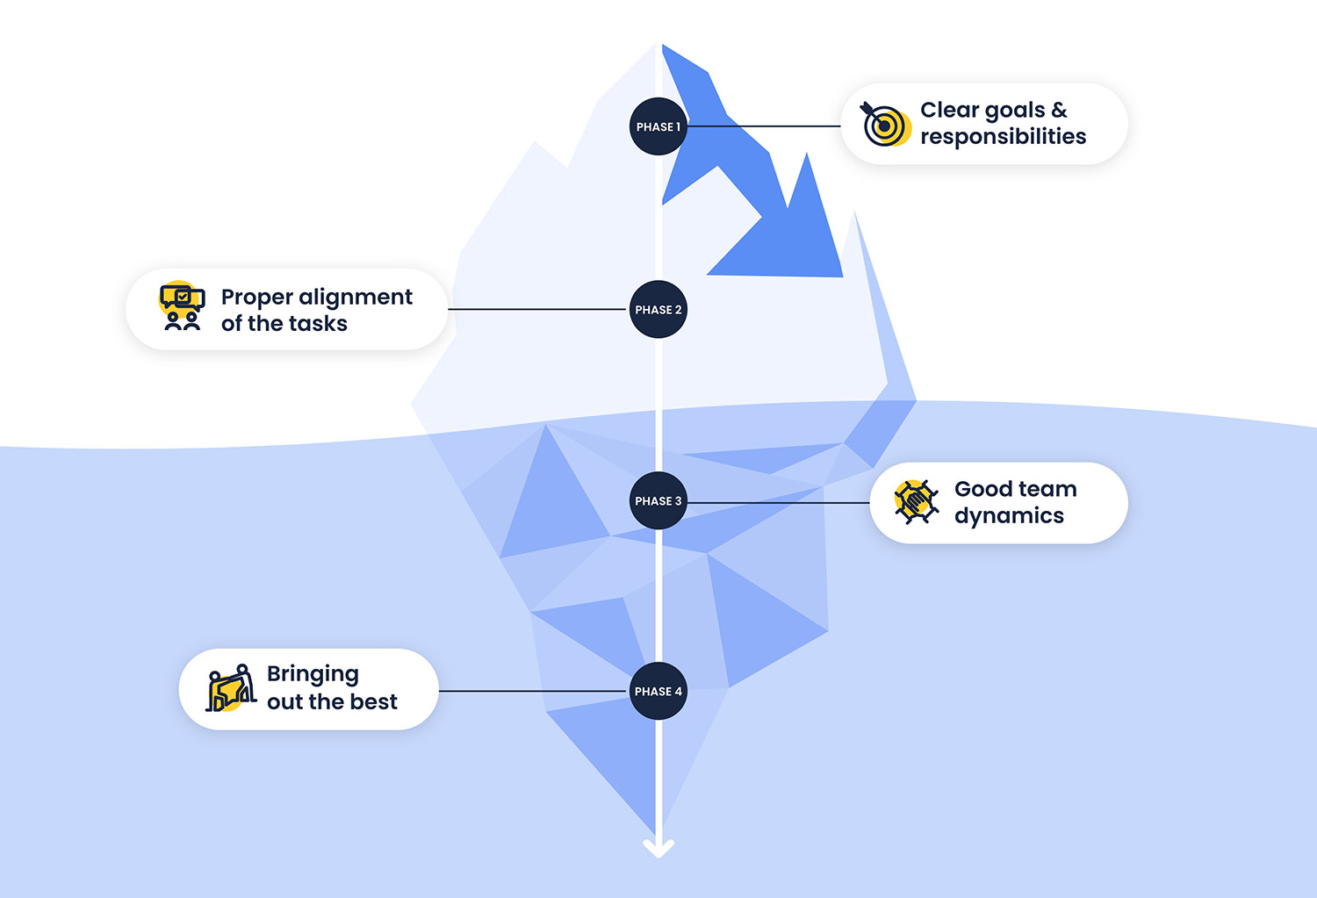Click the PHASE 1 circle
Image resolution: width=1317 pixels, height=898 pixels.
tap(658, 126)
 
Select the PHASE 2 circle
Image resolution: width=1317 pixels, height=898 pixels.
tap(658, 309)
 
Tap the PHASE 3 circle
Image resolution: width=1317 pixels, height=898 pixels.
tap(658, 500)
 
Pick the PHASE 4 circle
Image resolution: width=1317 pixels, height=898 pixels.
tap(658, 691)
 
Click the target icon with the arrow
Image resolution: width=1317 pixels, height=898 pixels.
tap(884, 125)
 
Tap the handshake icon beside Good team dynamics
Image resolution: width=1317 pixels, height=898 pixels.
tap(915, 502)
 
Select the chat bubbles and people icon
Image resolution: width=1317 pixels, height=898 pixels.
tap(182, 307)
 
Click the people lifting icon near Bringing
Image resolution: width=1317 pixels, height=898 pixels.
tap(231, 689)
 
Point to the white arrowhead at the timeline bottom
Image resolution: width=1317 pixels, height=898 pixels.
tap(658, 848)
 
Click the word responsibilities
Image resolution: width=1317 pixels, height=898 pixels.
tap(1003, 137)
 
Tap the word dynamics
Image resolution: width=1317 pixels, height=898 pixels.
tap(1009, 516)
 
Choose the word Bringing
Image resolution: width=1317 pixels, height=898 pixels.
tap(313, 674)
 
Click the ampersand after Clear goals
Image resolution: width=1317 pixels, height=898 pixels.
tap(1059, 111)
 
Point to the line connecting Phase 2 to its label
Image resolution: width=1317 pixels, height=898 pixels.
tap(537, 309)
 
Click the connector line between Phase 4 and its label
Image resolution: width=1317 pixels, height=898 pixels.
tap(533, 691)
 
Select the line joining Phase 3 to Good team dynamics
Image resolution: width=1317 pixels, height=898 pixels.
tap(777, 503)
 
